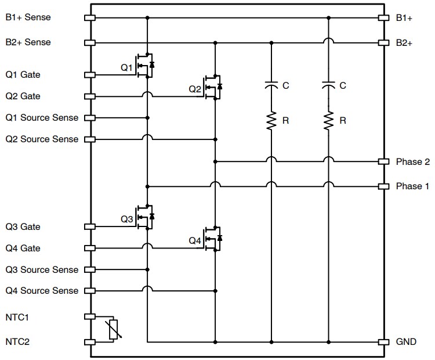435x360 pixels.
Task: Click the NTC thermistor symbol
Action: [114, 329]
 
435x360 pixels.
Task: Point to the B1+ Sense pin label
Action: [28, 17]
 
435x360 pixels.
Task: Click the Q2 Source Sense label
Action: [42, 139]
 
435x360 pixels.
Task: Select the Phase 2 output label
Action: [412, 161]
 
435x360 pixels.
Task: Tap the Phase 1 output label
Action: [412, 186]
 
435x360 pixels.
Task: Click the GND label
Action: [406, 342]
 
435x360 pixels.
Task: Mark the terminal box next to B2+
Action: [383, 42]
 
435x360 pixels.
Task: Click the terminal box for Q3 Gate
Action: [90, 226]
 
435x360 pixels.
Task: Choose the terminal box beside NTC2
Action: [90, 342]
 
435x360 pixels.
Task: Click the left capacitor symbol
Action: [271, 86]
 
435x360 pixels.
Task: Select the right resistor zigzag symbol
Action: [328, 121]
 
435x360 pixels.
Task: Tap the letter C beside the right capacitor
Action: [343, 86]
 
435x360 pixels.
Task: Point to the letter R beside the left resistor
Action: [285, 121]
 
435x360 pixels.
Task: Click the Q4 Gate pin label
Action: [23, 248]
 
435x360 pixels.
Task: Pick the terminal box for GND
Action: [383, 342]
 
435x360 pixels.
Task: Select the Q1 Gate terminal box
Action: [90, 75]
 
